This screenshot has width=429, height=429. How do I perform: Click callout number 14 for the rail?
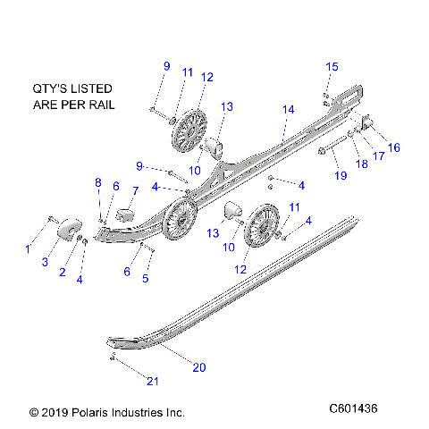point(287,109)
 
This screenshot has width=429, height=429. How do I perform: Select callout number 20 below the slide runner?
point(198,366)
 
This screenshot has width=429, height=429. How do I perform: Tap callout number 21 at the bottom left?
point(153,382)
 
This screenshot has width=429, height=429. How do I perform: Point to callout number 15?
point(332,67)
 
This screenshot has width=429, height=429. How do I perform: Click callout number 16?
point(393,147)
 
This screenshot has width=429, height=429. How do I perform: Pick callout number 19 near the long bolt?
point(340,175)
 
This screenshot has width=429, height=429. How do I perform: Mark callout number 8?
point(98,182)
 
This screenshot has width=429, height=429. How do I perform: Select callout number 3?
point(44,262)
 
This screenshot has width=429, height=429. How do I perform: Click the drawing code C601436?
point(354,408)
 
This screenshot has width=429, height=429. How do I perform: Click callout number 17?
point(379,156)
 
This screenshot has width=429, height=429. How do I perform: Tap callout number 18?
point(362,164)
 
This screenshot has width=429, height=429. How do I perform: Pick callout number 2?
point(63,272)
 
